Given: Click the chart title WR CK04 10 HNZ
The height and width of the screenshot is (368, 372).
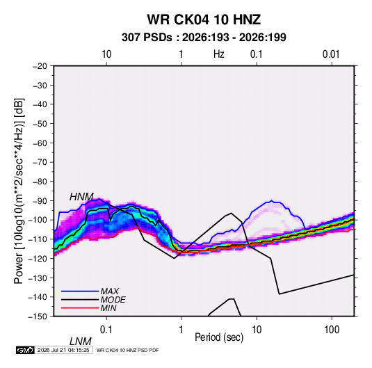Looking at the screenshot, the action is coord(204,19).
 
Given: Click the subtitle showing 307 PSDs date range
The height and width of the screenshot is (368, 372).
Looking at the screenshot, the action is coord(204,38).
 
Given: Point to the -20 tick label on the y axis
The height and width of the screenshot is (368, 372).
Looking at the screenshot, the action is coord(40,66).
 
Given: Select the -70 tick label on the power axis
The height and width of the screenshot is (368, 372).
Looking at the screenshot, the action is coord(40,162).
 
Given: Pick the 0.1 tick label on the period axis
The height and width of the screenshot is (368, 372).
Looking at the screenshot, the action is coord(106,329).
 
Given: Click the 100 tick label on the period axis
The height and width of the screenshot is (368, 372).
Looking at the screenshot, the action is coord(331,329).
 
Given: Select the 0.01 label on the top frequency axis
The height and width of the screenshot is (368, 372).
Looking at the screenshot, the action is coord(331,54).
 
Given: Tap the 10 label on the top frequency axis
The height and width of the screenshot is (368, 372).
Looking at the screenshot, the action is coord(106,54).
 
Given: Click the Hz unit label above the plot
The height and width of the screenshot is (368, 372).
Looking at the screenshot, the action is coord(218,54).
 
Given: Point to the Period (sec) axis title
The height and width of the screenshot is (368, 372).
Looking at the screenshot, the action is coord(219,337).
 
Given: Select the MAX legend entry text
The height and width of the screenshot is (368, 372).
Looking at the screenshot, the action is coord(110,291).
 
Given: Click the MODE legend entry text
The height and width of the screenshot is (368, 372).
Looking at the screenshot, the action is coord(113,300).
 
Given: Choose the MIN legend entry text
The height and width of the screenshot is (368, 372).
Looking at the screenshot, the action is coord(108,308).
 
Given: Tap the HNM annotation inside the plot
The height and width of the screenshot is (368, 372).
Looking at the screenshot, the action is coord(81,197).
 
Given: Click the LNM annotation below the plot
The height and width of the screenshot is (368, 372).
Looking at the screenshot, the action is coord(81,342).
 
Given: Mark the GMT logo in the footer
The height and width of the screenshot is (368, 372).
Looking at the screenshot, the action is coord(25,350).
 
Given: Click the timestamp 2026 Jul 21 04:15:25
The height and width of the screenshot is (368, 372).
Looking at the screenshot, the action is coord(63,350).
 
